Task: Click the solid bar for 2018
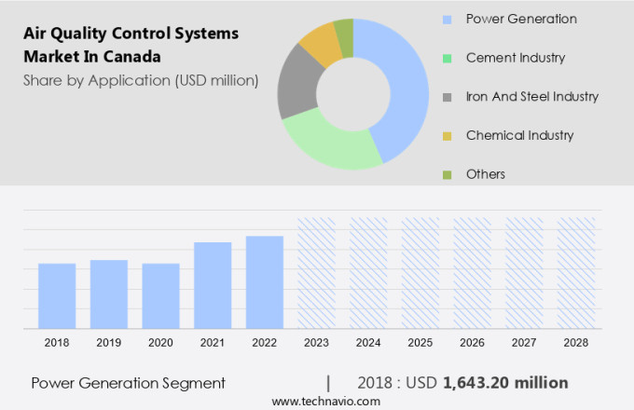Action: coord(57,295)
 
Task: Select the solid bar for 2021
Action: coord(213,284)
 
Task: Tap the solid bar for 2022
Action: coord(265,281)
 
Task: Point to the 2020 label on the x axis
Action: coord(160,343)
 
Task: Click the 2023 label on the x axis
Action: coord(316,343)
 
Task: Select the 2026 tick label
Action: coord(472,343)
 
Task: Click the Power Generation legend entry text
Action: coord(520,19)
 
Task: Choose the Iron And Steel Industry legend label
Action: coord(531,96)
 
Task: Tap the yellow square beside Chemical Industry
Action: coord(447,136)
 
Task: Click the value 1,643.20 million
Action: coord(505,383)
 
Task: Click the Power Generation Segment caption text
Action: coord(128,383)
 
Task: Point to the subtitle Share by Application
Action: coord(141,80)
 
